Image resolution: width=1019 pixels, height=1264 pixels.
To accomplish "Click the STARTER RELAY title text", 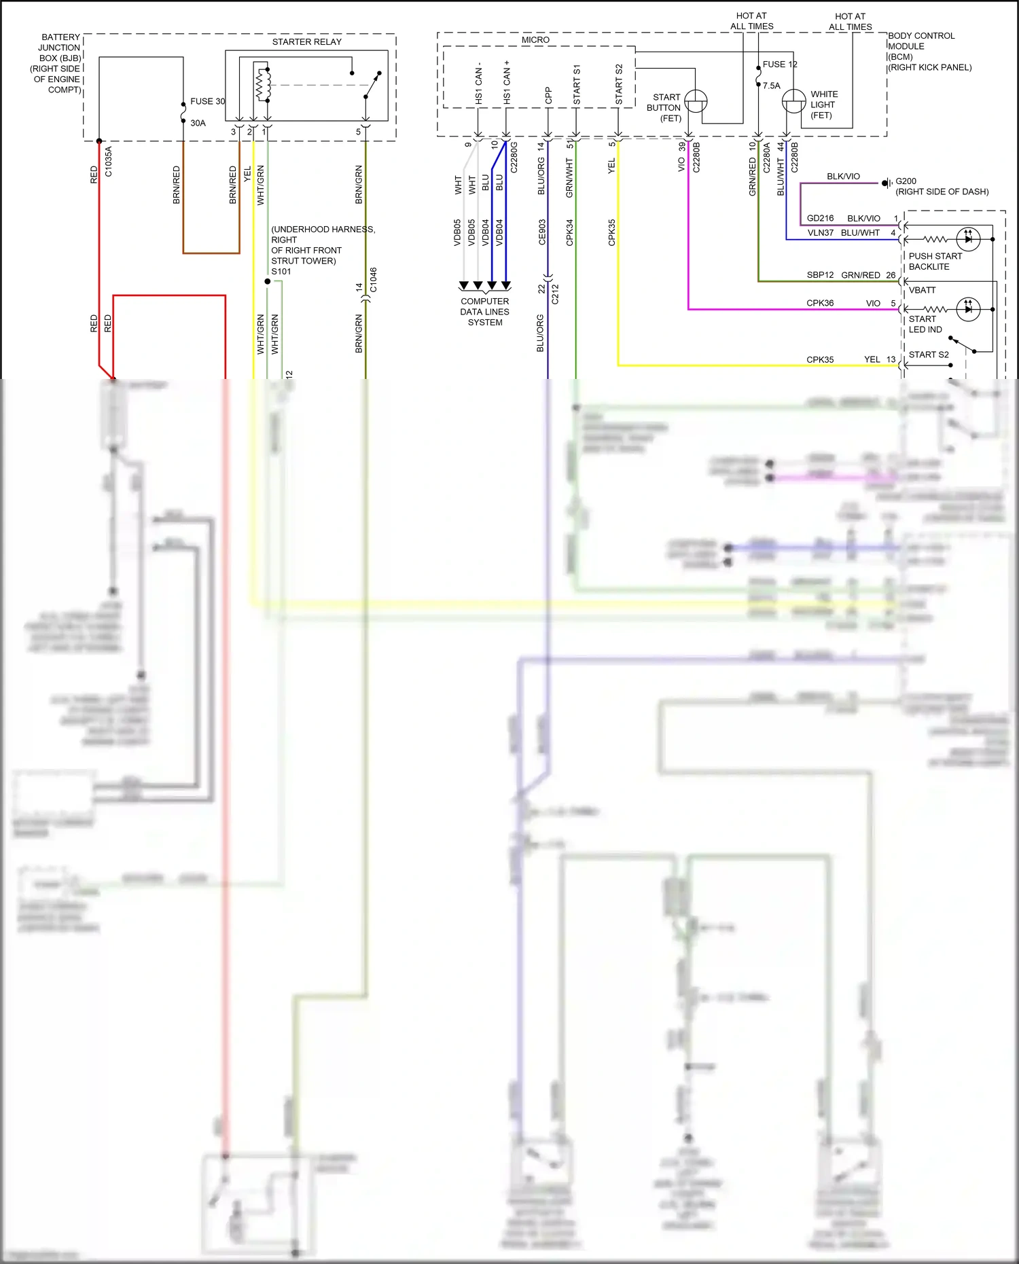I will click(306, 42).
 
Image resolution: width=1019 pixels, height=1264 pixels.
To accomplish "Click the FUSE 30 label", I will click(207, 101).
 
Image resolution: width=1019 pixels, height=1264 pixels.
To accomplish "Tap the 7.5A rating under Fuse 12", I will click(771, 86).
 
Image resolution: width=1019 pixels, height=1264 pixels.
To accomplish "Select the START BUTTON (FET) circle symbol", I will click(696, 102).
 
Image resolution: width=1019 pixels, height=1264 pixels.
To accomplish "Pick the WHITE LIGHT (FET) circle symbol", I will click(793, 102).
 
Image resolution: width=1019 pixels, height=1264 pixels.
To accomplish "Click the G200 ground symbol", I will click(887, 183).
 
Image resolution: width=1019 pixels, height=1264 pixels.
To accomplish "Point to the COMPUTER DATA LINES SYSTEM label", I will click(484, 312).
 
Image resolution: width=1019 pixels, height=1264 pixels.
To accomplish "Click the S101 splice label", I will click(281, 272).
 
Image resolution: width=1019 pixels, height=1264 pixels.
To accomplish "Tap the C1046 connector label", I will click(373, 280).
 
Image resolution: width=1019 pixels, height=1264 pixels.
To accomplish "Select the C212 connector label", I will click(555, 293).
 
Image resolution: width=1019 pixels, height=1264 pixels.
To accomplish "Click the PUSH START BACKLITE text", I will click(935, 261).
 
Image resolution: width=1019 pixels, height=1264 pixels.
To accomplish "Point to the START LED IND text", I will click(925, 324).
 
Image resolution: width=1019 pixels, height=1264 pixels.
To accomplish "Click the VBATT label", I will click(922, 290).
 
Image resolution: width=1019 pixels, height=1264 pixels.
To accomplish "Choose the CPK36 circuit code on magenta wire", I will click(819, 303).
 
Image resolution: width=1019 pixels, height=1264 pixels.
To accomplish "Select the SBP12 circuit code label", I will click(819, 275).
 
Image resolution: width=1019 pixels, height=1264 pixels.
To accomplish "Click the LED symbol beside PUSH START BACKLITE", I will click(967, 239).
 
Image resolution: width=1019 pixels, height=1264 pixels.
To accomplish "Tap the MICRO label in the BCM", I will click(535, 40).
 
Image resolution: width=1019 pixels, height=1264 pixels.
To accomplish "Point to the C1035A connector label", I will click(109, 162).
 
